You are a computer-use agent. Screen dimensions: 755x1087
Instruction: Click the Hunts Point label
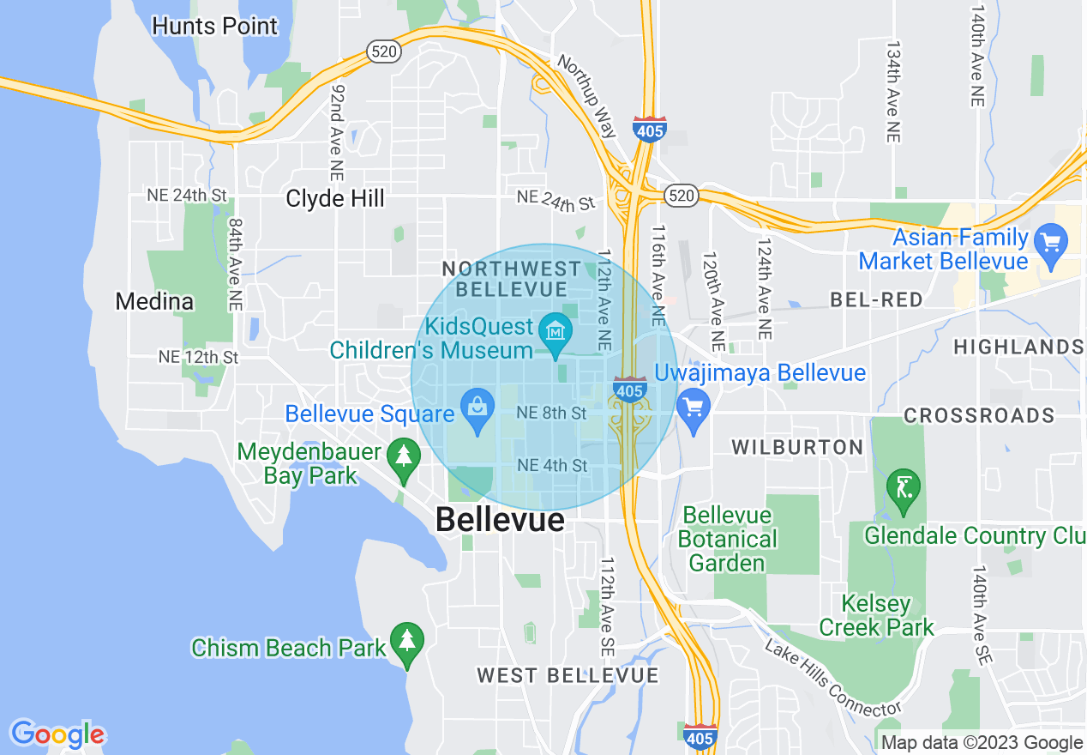click(x=214, y=26)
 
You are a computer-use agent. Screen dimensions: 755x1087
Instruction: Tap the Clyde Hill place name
click(x=335, y=199)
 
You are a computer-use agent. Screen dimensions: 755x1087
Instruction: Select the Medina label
click(x=154, y=302)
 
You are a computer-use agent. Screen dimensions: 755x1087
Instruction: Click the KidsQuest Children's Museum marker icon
click(x=556, y=329)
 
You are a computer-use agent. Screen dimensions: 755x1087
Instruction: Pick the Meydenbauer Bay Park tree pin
click(x=403, y=456)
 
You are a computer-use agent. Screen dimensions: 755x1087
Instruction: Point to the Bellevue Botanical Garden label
click(x=727, y=539)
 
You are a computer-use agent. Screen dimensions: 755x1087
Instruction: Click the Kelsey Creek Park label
click(x=876, y=615)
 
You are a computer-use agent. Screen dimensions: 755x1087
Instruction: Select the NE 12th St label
click(x=198, y=356)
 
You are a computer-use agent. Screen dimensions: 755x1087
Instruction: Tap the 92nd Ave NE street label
click(x=338, y=120)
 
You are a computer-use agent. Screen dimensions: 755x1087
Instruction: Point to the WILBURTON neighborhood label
click(x=796, y=447)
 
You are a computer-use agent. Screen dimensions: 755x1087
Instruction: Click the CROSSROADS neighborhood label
click(x=979, y=416)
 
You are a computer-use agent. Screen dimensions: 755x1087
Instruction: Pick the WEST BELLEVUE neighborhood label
click(x=568, y=675)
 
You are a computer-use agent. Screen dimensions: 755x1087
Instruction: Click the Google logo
click(x=57, y=734)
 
